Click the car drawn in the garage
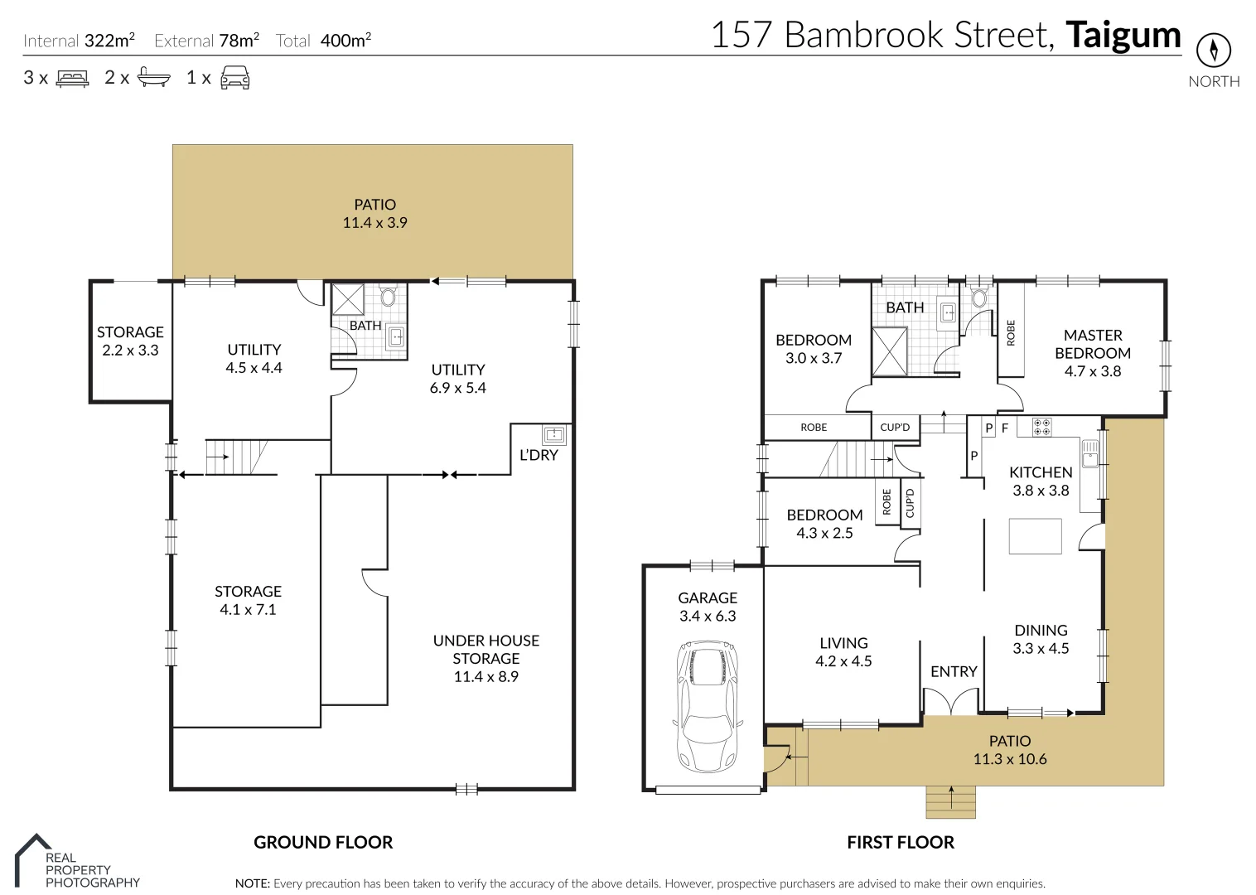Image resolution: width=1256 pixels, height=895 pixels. tap(708, 705)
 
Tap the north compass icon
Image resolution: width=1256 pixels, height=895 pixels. tap(1214, 51)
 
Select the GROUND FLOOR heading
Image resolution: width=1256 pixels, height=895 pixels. tap(323, 842)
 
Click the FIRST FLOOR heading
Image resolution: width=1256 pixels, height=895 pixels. tap(900, 842)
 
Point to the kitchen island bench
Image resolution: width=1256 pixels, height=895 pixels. tap(1035, 536)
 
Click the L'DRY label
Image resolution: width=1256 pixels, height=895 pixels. tap(539, 455)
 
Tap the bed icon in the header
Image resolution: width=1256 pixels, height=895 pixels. tap(72, 79)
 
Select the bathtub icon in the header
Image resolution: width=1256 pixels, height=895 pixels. tap(153, 78)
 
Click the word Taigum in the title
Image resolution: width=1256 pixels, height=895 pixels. tap(1123, 36)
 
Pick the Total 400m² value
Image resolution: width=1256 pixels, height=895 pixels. tap(345, 41)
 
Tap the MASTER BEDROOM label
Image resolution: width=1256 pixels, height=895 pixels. tap(1092, 344)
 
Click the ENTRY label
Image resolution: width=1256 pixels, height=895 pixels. tap(954, 671)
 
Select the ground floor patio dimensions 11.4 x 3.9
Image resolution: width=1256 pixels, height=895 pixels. tap(374, 223)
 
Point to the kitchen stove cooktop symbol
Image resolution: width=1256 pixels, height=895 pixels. tap(1041, 428)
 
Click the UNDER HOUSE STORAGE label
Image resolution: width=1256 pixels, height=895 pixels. tap(485, 650)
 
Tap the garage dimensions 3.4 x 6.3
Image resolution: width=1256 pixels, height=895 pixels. tap(707, 616)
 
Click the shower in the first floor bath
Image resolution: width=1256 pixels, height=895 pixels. tap(889, 351)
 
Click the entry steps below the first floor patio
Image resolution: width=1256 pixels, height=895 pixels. tap(950, 801)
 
